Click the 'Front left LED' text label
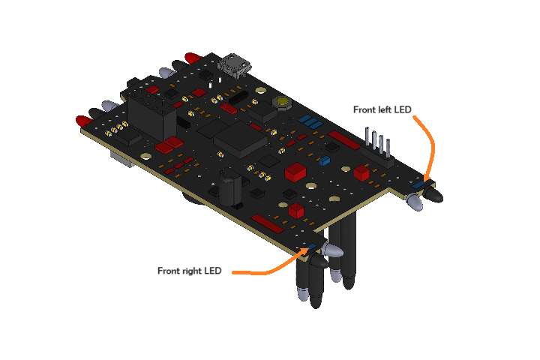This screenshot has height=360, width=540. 382,109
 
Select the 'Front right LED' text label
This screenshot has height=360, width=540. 190,271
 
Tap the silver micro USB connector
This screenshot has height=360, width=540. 235,66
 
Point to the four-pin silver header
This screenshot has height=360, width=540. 378,144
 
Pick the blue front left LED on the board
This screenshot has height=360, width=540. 418,184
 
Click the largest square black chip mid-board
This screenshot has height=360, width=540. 240,139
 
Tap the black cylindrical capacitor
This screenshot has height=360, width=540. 232,187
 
